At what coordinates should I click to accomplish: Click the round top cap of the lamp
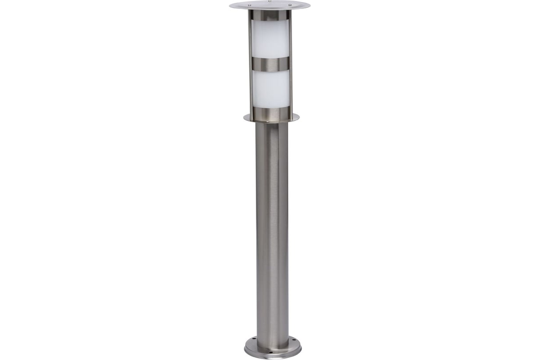[x=270, y=5]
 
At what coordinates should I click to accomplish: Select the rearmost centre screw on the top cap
[x=270, y=2]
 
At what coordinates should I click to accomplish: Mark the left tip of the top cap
[x=230, y=5]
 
